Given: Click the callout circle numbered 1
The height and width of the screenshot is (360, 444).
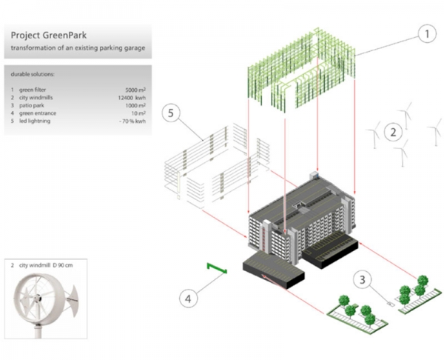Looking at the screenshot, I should (x=426, y=34).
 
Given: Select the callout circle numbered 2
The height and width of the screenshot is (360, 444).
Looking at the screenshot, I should (x=394, y=133).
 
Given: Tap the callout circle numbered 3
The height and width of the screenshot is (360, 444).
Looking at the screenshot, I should (x=363, y=281).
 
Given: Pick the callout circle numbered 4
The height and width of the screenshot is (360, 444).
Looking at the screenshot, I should (x=189, y=299).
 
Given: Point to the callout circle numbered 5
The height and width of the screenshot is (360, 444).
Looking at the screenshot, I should (x=172, y=113).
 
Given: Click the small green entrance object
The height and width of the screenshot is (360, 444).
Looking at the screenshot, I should (x=217, y=265).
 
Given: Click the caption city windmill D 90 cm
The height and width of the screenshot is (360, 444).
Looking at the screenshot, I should (x=50, y=264).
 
